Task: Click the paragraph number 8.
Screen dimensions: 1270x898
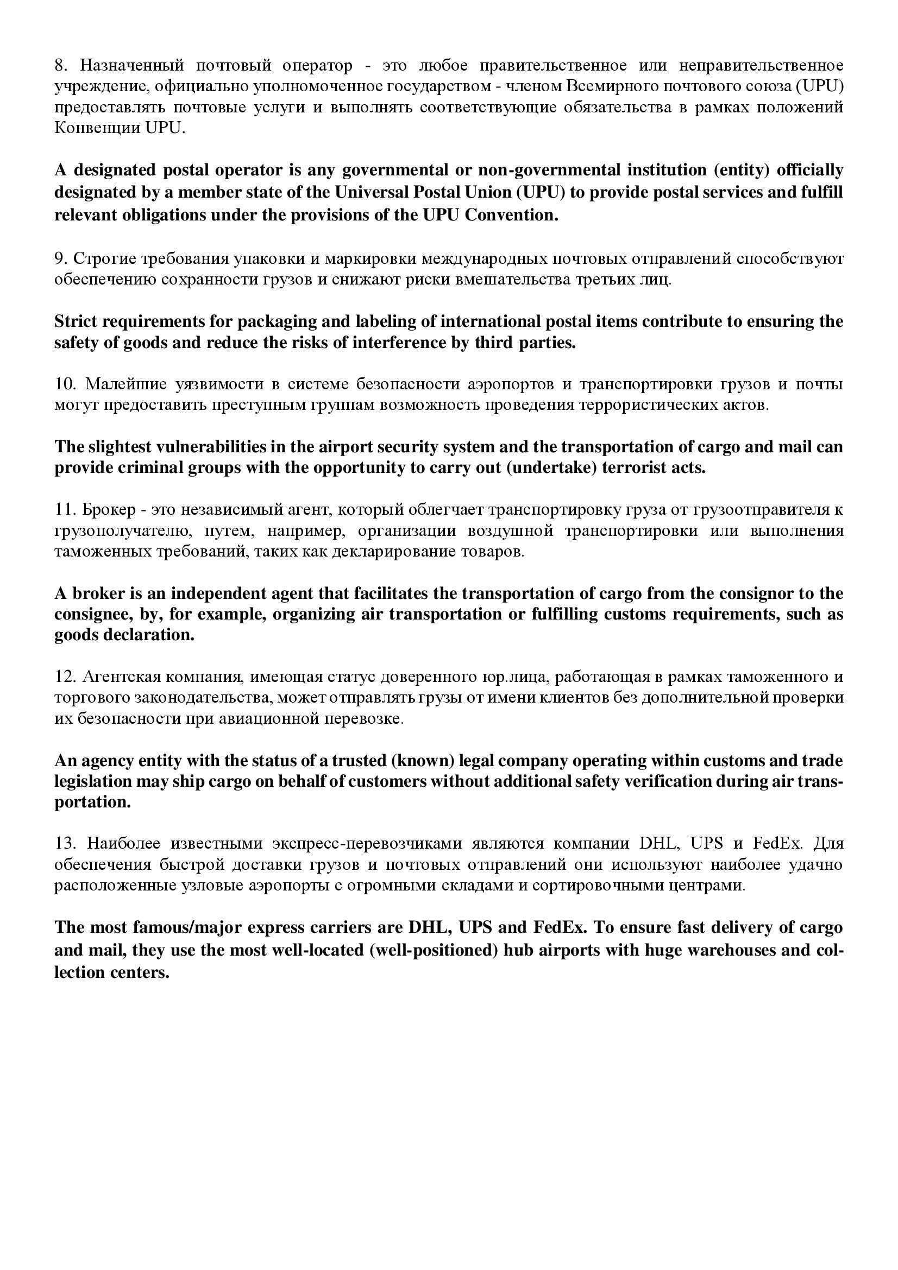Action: [60, 66]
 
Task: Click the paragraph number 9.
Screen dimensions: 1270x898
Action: [60, 259]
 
